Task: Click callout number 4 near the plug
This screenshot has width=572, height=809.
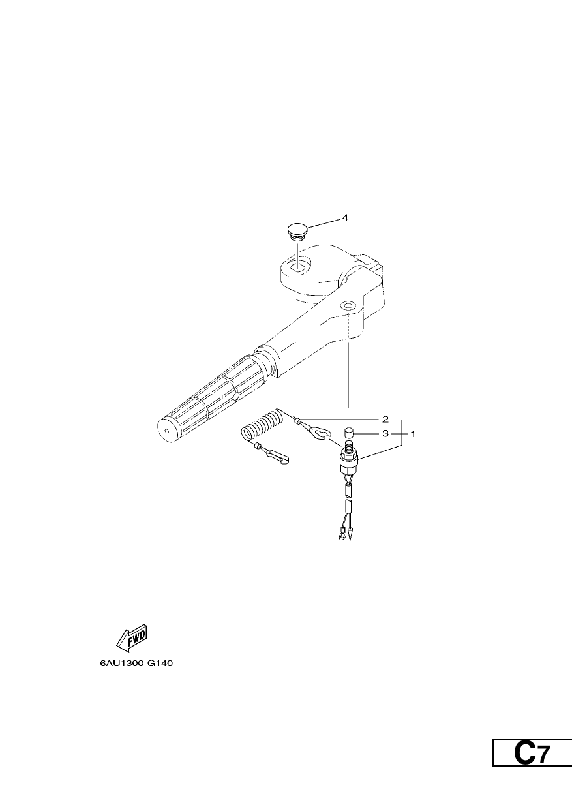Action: coord(345,218)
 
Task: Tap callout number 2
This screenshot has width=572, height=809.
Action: coord(385,420)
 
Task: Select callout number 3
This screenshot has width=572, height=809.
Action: coord(385,433)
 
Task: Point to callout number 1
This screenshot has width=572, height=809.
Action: coord(413,434)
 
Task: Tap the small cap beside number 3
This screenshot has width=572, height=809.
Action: coord(348,433)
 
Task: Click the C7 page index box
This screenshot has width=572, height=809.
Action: coord(532,772)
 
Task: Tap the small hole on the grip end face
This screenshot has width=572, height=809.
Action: coord(166,431)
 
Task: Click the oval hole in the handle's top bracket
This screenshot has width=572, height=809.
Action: coord(298,266)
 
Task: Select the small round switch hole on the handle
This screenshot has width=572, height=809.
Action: coord(348,306)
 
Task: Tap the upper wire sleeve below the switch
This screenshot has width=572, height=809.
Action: coord(348,491)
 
